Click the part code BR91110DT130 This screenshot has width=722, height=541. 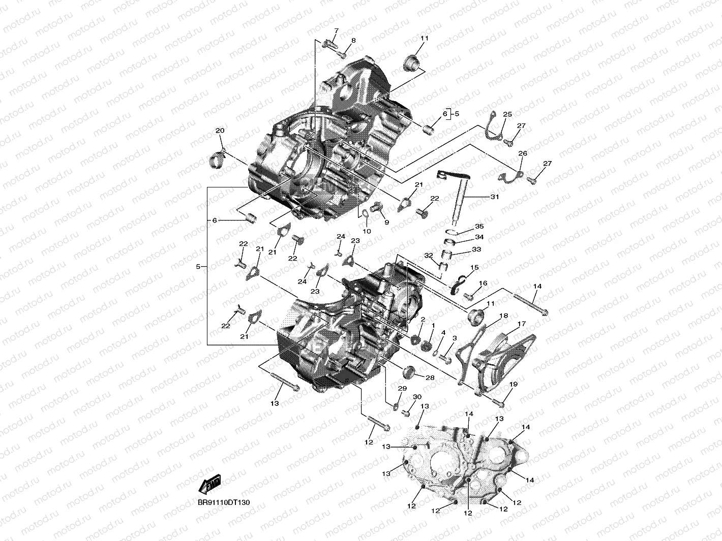(224, 502)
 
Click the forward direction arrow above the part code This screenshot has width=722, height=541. (209, 485)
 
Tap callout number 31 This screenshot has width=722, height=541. (494, 197)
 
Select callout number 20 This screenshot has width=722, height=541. (220, 131)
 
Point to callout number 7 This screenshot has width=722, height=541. (335, 31)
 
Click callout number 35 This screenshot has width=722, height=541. (479, 227)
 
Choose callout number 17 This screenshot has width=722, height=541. (522, 324)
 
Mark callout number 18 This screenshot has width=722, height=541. (503, 315)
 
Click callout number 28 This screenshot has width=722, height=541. (430, 378)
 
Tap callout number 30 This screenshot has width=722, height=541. (417, 397)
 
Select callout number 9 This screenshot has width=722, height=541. (386, 222)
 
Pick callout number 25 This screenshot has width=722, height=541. (507, 114)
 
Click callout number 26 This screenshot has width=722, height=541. (522, 153)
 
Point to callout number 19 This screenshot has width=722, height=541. (513, 385)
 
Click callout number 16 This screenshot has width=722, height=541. (483, 283)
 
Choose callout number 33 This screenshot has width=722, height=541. (476, 249)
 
